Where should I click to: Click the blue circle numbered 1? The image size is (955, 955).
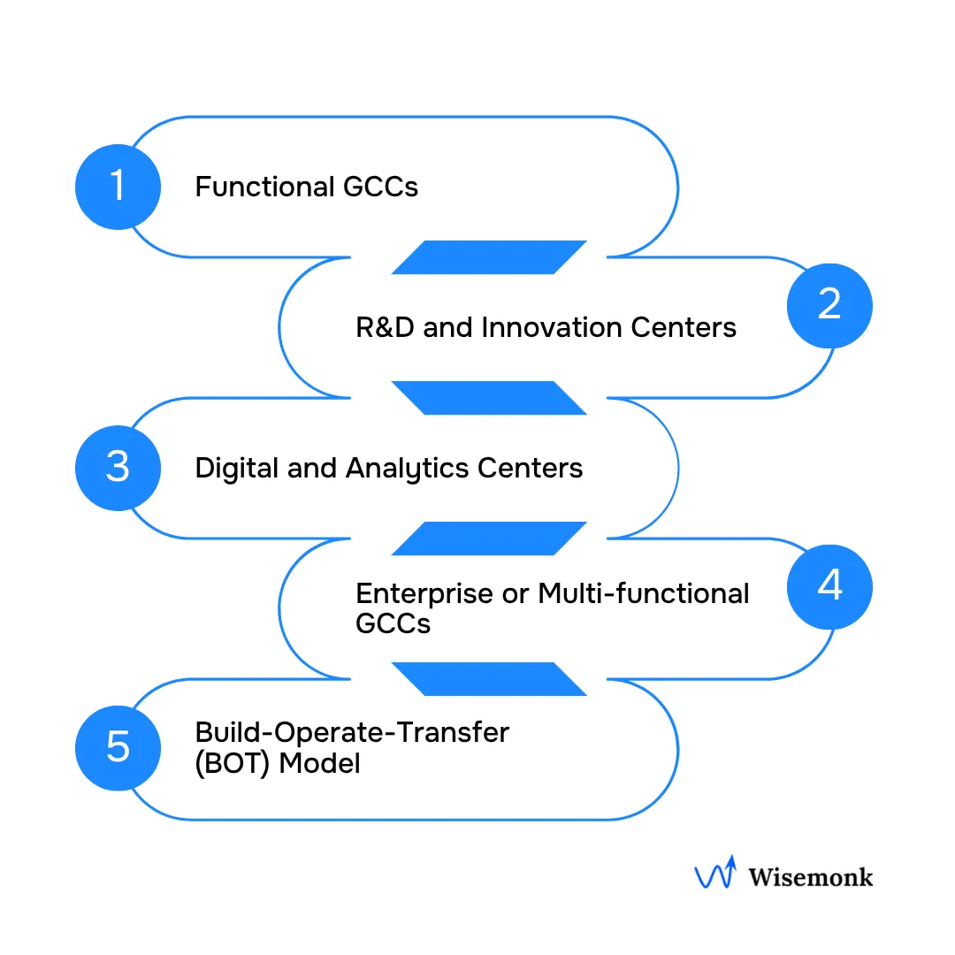(118, 187)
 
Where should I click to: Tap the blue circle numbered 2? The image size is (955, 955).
(829, 305)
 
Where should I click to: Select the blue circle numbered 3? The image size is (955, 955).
(118, 467)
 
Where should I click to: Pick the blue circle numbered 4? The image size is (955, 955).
(829, 586)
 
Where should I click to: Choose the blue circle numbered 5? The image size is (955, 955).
(118, 747)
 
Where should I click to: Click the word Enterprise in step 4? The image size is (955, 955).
(424, 593)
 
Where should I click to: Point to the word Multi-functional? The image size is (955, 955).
(644, 593)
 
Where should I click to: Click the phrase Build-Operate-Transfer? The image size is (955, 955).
(352, 733)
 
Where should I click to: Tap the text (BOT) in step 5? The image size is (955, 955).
(233, 763)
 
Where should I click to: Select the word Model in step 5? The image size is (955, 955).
(320, 763)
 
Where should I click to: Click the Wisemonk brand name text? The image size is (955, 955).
(810, 877)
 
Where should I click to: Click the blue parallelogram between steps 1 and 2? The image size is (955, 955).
(489, 257)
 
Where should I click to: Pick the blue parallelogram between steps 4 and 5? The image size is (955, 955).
(489, 679)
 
